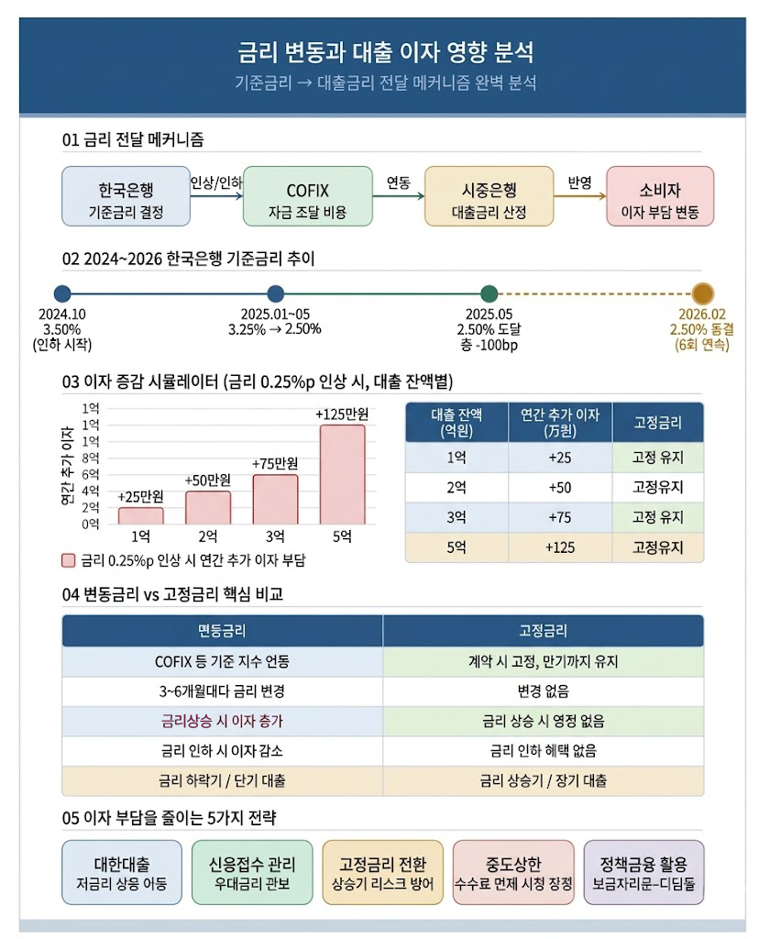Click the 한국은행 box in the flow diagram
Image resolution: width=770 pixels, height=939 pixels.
126,196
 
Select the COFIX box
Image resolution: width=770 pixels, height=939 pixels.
307,196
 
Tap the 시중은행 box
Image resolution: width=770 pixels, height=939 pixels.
489,196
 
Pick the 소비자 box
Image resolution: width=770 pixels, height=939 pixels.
660,196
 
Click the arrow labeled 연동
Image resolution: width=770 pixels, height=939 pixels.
398,195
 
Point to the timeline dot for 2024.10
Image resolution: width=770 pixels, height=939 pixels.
62,294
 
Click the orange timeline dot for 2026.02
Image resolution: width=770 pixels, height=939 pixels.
702,294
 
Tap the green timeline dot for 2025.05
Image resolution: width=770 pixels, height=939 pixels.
489,294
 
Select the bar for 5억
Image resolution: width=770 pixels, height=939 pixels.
342,474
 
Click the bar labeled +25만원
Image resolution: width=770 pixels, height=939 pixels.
140,515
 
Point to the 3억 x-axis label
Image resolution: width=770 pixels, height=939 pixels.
275,537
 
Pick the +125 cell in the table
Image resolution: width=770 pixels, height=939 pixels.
559,547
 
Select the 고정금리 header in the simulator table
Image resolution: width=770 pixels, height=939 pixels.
657,423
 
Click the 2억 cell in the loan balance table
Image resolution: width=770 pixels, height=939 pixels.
456,487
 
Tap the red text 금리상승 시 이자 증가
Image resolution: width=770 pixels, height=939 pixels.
222,721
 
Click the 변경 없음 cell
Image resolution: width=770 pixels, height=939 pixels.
543,690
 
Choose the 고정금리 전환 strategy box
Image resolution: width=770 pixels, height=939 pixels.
383,873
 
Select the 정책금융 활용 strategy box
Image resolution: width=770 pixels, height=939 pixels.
643,873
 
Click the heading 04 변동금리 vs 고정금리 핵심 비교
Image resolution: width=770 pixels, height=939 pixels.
172,594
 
